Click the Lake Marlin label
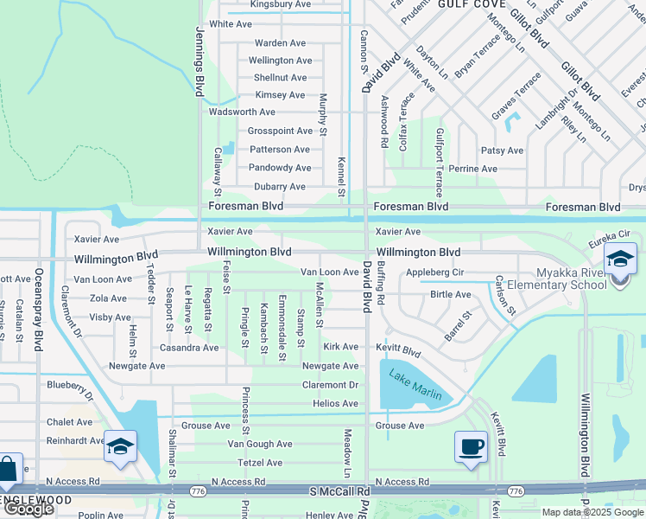pos(415,385)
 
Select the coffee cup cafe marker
pos(471,446)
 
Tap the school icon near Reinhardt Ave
pos(120,446)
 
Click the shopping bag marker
pos(7,471)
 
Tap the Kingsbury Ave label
pos(280,4)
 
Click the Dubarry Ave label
pos(279,187)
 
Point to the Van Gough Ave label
pos(259,444)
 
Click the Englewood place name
pos(35,501)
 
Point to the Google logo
pos(28,509)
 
